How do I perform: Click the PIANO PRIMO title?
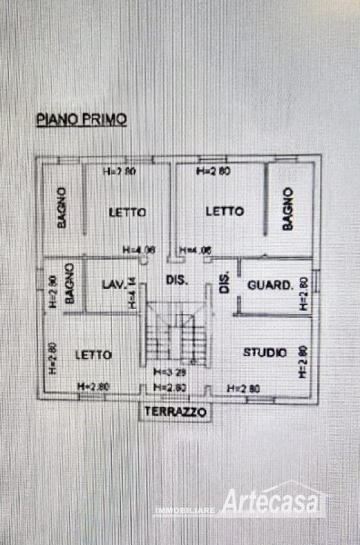coord(81,118)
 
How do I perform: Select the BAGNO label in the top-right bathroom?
coord(287,209)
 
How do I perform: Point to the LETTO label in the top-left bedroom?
coord(128,213)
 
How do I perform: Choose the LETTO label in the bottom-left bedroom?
coord(94,354)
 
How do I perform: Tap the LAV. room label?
coord(113,285)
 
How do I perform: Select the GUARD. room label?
coord(270,285)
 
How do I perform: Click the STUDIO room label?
coord(265,352)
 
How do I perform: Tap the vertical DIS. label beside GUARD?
coord(223,284)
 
